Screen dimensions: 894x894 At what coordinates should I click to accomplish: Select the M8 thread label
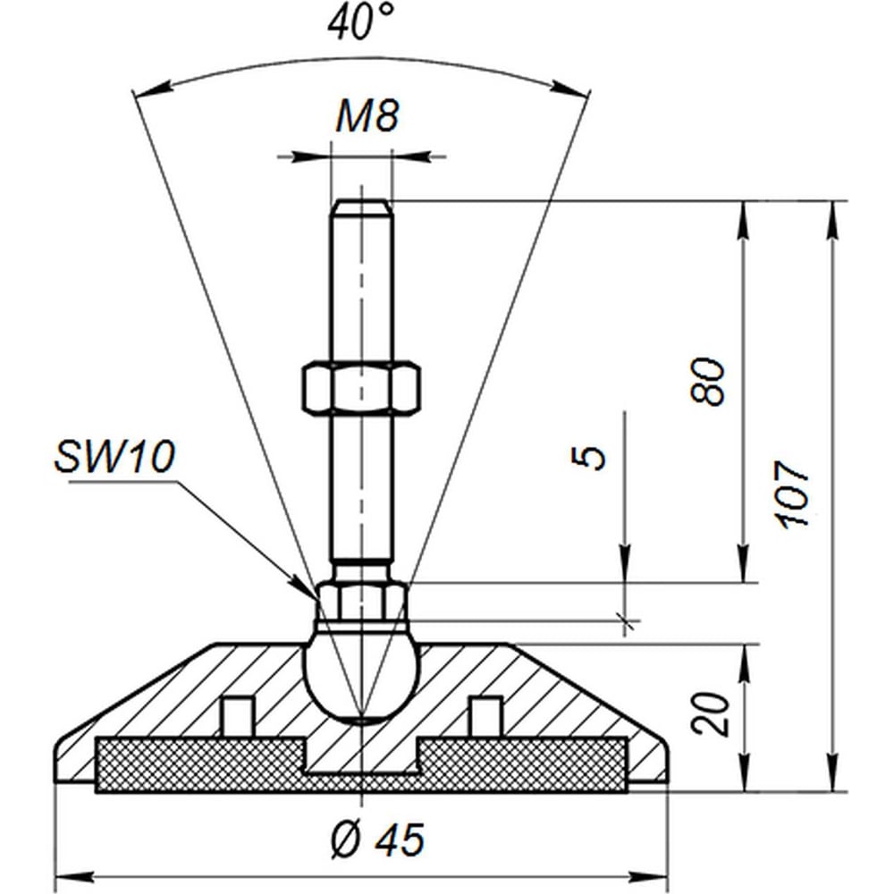coord(367,117)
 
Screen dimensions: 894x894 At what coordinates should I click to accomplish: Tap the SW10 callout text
coord(114,457)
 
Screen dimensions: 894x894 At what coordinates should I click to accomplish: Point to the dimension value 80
coord(709,381)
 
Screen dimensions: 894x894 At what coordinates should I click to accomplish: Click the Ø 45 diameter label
coord(378,839)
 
